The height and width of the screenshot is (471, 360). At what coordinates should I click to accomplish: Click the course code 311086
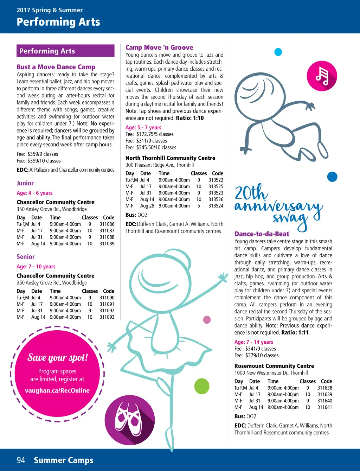107,224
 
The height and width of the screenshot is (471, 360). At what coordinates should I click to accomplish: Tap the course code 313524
216,206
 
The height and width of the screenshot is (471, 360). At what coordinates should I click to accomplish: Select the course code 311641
325,407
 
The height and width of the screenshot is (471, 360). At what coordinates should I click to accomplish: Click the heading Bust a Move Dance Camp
56,67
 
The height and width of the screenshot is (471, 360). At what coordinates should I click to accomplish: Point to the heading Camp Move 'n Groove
159,47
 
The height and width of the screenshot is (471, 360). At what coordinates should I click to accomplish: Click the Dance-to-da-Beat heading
262,234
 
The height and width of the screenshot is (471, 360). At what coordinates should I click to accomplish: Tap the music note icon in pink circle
322,76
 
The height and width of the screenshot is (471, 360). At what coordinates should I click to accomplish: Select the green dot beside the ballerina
202,386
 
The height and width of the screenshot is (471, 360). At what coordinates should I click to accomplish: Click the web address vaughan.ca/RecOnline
57,390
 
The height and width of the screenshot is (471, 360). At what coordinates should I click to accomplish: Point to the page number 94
21,460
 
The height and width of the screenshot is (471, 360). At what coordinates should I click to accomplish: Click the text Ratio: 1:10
190,118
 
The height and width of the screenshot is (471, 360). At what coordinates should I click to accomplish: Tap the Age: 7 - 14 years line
253,342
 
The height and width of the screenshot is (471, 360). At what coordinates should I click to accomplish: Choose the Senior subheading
26,257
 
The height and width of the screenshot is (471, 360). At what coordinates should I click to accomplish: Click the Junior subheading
25,183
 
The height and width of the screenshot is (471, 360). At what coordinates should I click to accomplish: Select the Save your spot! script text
58,358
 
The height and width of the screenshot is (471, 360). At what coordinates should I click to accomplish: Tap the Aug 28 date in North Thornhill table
147,206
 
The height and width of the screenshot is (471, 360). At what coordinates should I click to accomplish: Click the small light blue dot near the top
278,52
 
